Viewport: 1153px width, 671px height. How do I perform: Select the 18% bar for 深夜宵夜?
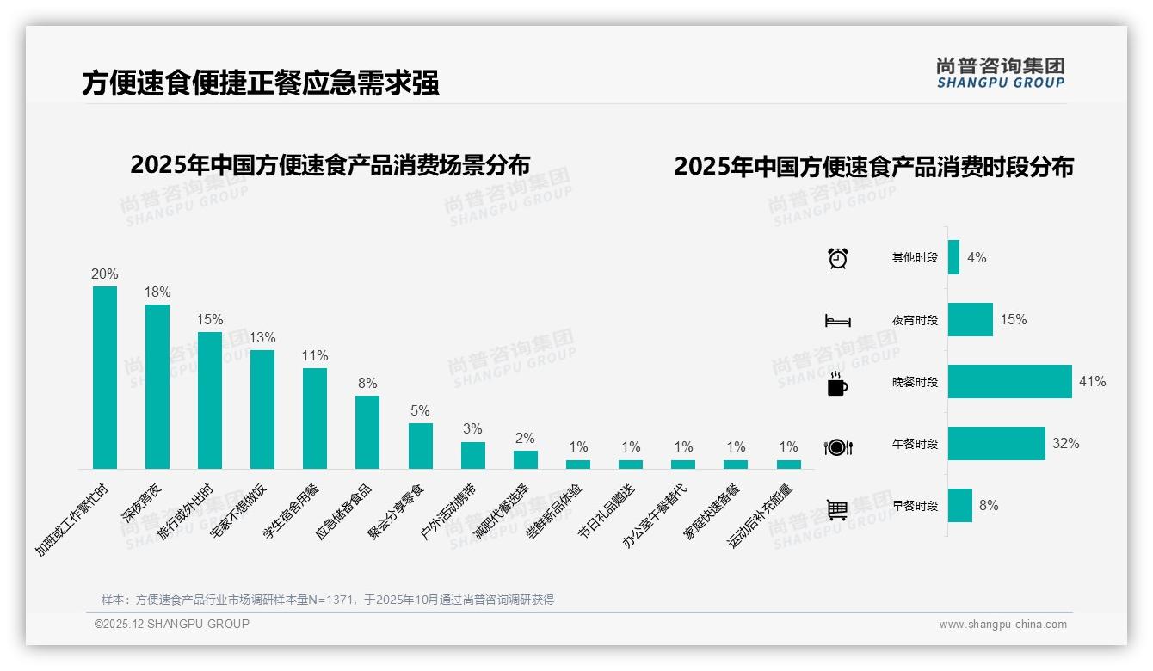(157, 386)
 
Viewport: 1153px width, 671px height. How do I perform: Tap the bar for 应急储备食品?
(367, 432)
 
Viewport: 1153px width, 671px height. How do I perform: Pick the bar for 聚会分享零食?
(421, 446)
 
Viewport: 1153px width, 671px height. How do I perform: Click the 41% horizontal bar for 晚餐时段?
(1010, 382)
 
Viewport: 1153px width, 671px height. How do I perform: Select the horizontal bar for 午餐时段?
(996, 444)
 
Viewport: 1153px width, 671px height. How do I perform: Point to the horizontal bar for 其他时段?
(953, 257)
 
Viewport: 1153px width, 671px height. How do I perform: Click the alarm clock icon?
(838, 258)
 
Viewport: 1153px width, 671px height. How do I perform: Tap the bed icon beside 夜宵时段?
(838, 321)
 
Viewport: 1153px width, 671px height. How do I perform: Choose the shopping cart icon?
(837, 510)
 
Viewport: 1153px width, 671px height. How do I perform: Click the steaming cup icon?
(837, 385)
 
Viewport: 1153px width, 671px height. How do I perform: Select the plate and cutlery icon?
(838, 447)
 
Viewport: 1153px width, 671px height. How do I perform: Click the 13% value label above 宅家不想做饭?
(262, 337)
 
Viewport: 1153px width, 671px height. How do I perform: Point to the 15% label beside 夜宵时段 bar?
(1013, 320)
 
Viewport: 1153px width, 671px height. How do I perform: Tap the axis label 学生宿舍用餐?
(289, 510)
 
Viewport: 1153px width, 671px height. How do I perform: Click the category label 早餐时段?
(915, 507)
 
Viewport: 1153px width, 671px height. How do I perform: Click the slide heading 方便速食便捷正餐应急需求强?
(261, 83)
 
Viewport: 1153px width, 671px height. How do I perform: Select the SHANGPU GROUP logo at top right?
(1001, 73)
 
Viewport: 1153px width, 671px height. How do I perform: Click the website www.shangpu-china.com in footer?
(1002, 625)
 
